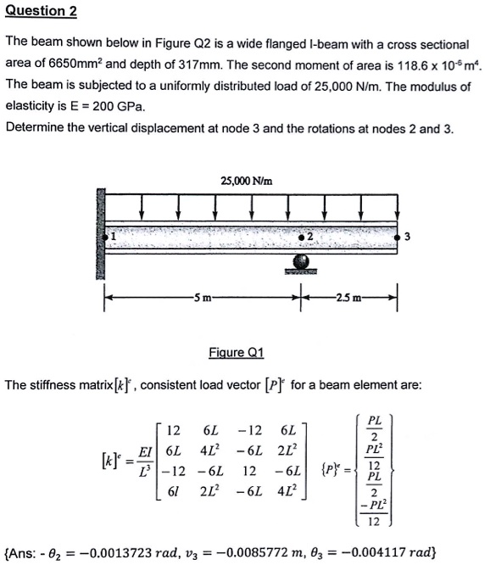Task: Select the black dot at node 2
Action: point(303,238)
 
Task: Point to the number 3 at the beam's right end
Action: point(409,237)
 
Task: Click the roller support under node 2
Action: point(302,265)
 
